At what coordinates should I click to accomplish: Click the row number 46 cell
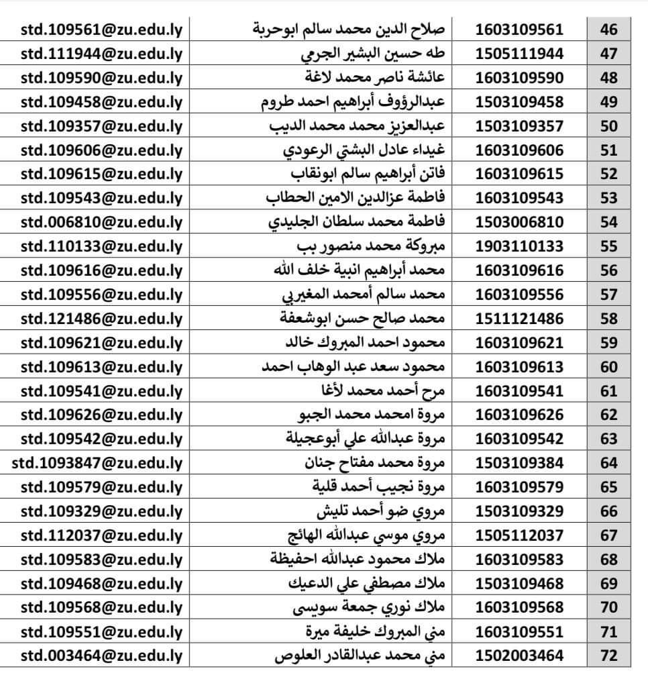608,30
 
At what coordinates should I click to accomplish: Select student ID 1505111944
520,54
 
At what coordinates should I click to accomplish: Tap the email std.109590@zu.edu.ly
101,78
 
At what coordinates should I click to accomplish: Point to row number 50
608,126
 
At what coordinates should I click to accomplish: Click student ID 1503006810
520,222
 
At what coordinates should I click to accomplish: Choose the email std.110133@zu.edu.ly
101,246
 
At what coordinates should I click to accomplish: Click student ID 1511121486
520,319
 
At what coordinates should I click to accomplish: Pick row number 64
608,463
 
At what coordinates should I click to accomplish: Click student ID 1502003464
520,656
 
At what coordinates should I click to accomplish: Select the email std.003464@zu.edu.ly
101,656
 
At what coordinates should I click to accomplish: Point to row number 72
608,656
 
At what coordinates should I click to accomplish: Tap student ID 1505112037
520,535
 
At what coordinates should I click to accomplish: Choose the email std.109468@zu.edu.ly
101,583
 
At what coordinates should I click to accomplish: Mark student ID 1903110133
520,246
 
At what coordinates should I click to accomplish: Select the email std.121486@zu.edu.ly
101,319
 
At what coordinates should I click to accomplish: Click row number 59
608,343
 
